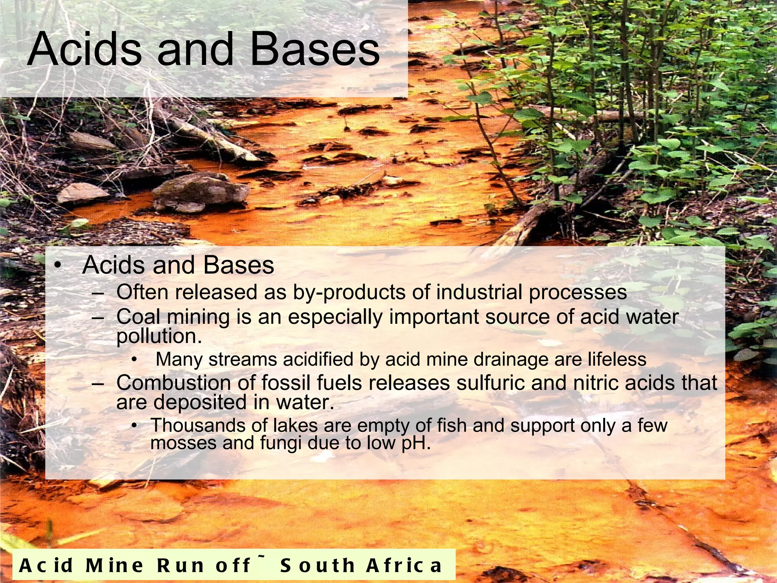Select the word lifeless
point(617,359)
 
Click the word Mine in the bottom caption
point(114,566)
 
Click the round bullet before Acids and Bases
point(57,265)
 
